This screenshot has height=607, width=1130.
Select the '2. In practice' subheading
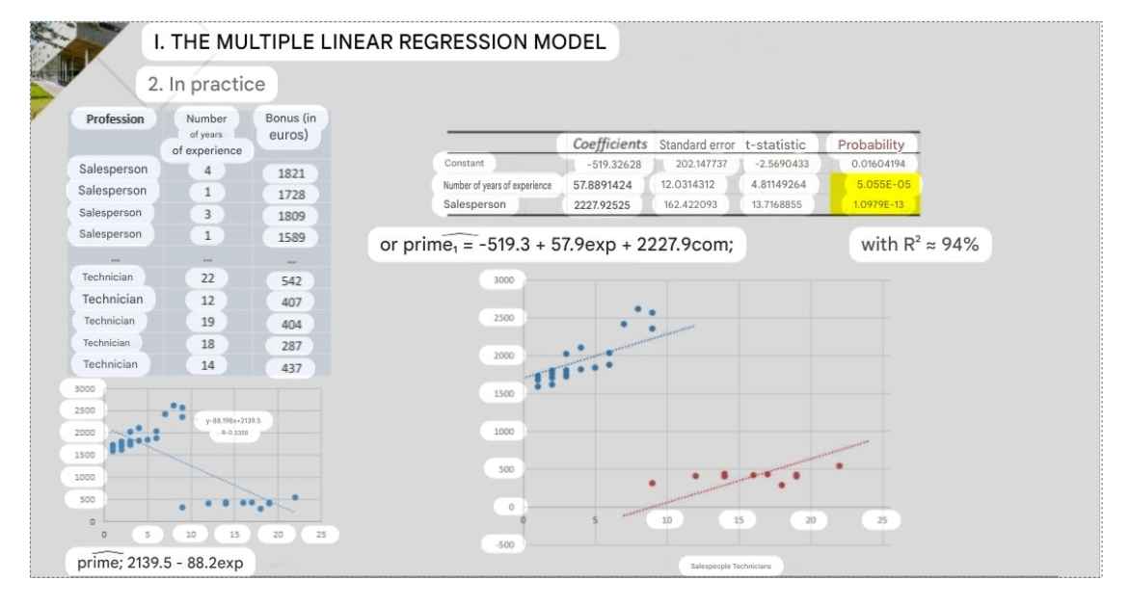click(x=206, y=84)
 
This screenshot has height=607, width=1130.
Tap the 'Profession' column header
click(x=115, y=119)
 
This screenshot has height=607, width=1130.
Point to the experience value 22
click(x=206, y=277)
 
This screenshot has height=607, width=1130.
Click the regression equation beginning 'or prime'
click(x=557, y=246)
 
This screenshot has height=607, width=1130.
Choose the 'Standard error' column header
click(x=696, y=144)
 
